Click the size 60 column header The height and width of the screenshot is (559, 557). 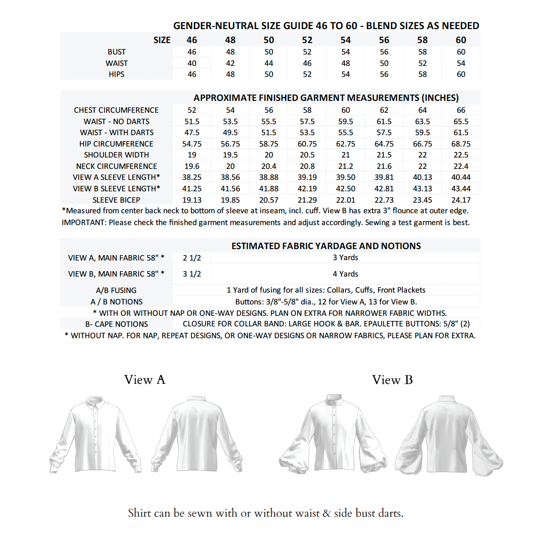pyautogui.click(x=461, y=40)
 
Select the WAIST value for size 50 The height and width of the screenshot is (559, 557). pyautogui.click(x=269, y=63)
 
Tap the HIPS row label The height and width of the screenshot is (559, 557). pyautogui.click(x=117, y=74)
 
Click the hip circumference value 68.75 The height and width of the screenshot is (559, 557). pyautogui.click(x=461, y=144)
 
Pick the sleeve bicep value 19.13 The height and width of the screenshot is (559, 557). pyautogui.click(x=192, y=200)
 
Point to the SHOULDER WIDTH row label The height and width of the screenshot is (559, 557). pyautogui.click(x=117, y=155)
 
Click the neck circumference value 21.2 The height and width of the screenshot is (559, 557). pyautogui.click(x=345, y=166)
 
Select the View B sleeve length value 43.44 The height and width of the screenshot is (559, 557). pyautogui.click(x=461, y=189)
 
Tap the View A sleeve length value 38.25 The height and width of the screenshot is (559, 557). pyautogui.click(x=192, y=177)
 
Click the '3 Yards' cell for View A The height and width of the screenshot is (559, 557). pyautogui.click(x=345, y=258)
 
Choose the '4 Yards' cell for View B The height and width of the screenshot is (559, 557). pyautogui.click(x=345, y=274)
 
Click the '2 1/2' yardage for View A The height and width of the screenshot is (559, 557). pyautogui.click(x=192, y=258)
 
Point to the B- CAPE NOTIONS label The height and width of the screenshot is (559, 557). pyautogui.click(x=117, y=324)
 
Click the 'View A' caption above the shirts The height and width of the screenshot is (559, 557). pyautogui.click(x=145, y=380)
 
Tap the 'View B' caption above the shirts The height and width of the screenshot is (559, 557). pyautogui.click(x=392, y=380)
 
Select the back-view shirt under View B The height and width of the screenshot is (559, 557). pyautogui.click(x=448, y=435)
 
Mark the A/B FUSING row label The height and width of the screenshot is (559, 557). pyautogui.click(x=116, y=290)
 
